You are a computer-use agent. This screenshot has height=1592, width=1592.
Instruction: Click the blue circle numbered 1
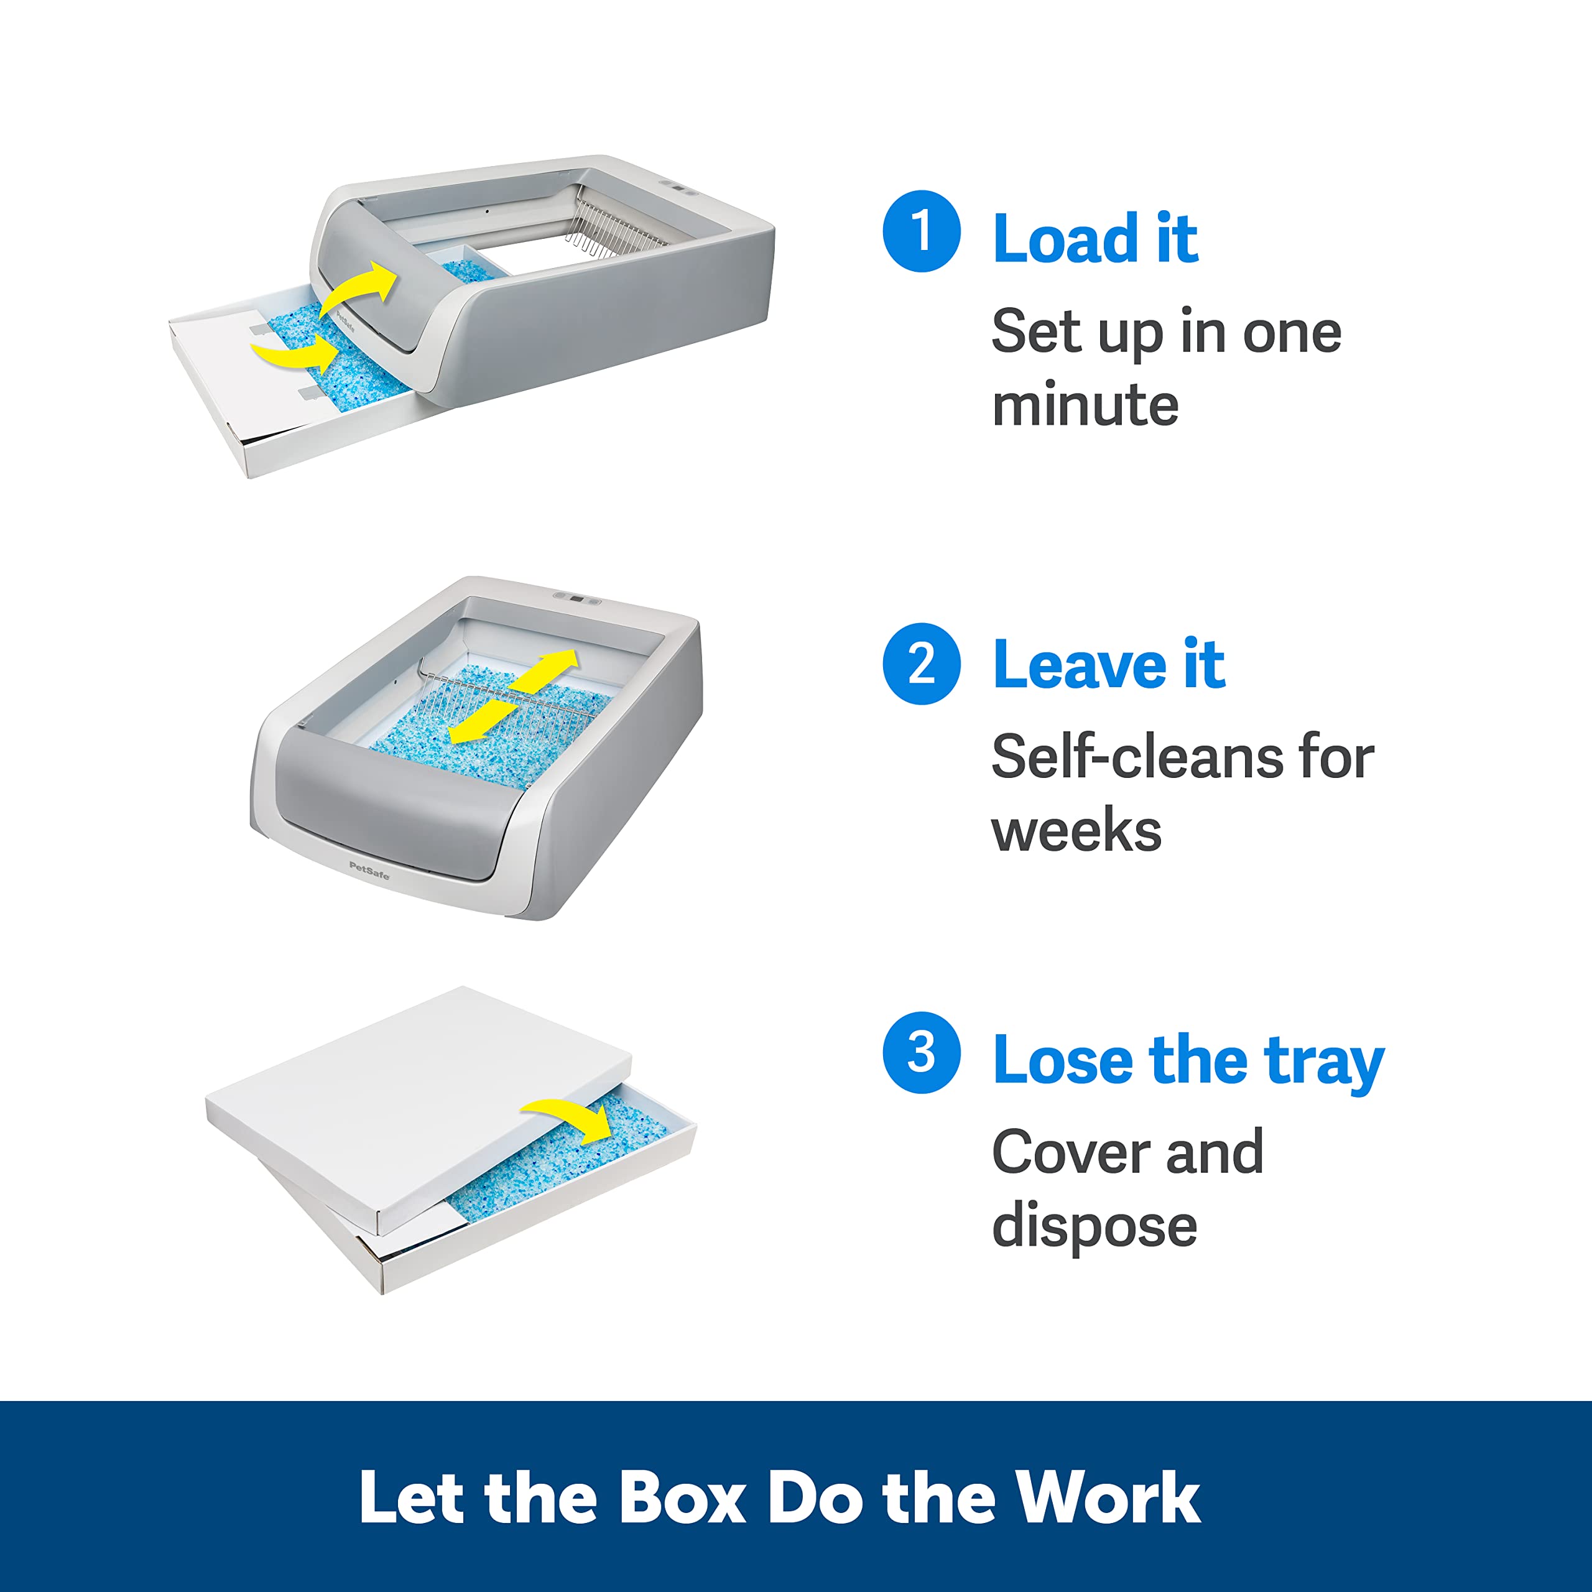(x=921, y=231)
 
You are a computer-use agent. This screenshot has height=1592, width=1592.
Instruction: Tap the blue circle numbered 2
(x=921, y=664)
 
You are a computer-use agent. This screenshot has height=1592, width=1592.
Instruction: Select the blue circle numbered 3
(x=921, y=1052)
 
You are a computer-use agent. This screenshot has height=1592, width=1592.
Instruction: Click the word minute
(x=1085, y=405)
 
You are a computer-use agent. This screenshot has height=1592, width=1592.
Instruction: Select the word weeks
(x=1076, y=831)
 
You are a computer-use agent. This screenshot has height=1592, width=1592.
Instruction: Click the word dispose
(x=1094, y=1225)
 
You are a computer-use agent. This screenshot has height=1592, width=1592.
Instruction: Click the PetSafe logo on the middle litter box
(x=368, y=869)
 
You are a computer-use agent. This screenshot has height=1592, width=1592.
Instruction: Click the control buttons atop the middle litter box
(x=577, y=598)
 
